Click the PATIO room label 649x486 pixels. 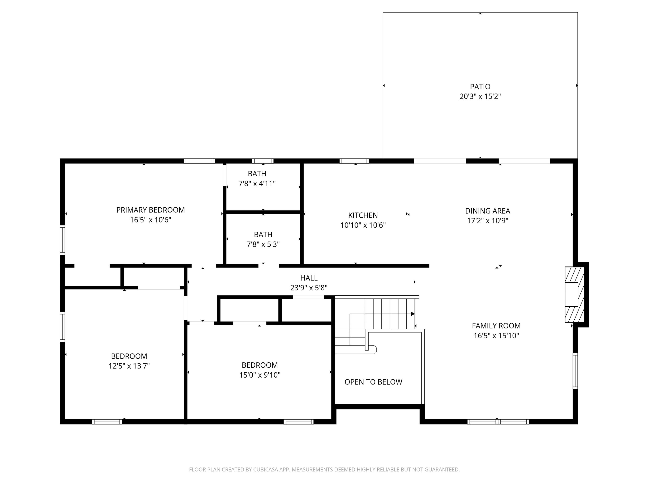(480, 87)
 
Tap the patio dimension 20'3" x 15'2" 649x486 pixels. (480, 96)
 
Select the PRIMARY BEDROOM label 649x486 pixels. (150, 210)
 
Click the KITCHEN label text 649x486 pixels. (363, 215)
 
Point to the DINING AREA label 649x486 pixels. (488, 211)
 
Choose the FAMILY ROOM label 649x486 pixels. (496, 326)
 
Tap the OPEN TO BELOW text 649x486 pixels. (373, 382)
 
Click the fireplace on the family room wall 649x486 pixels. (574, 294)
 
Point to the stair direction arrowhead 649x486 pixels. (413, 314)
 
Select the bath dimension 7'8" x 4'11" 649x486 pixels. (257, 184)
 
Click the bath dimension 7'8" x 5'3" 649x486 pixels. (263, 244)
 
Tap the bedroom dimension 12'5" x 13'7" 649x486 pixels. (129, 366)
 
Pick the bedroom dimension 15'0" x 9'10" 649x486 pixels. (260, 375)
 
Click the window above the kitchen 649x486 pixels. (354, 161)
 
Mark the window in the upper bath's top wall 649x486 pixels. (263, 161)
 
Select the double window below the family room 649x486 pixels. (498, 422)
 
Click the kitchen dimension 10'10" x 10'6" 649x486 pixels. (363, 225)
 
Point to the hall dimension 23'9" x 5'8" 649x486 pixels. (309, 288)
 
